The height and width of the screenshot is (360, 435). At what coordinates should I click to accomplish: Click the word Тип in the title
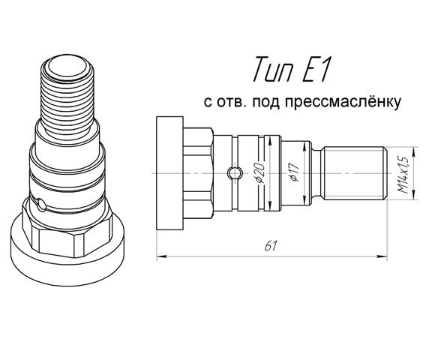point(273,69)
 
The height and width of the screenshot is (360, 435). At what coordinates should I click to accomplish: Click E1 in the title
point(316,69)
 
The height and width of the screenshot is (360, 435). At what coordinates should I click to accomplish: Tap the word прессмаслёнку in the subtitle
point(343,102)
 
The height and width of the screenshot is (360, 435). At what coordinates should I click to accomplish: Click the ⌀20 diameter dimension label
point(259,173)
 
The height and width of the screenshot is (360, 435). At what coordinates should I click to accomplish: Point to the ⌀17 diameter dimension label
point(294,172)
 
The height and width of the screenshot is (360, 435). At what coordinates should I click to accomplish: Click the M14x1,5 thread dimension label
point(403,175)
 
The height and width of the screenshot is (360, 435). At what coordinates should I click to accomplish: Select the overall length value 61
point(271,246)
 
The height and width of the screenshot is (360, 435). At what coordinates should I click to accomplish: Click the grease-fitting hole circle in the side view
point(235,173)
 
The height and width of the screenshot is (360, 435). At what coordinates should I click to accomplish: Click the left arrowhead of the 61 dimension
point(161,256)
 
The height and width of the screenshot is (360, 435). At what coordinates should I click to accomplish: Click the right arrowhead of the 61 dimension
point(382,256)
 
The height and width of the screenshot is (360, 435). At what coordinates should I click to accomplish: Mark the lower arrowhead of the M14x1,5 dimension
point(414,195)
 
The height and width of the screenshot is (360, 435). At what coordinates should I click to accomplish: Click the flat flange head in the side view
point(169,173)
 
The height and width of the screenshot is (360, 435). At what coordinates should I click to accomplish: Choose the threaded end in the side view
point(355,173)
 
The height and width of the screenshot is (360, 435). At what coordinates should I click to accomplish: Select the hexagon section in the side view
point(198,173)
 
